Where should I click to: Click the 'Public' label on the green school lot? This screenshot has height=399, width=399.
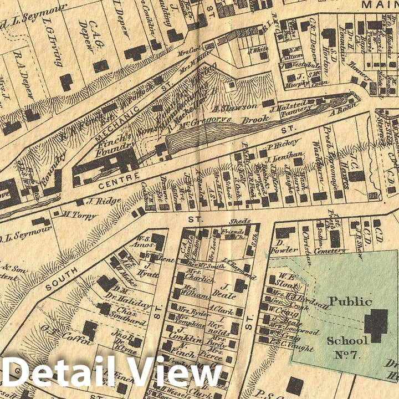tap(350, 302)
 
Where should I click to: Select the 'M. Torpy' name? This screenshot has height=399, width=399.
tap(74, 213)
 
